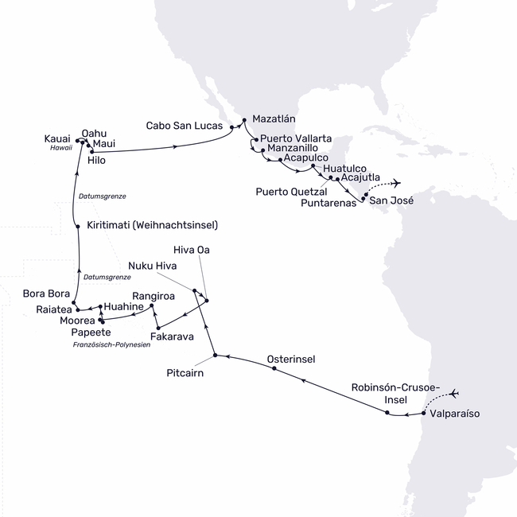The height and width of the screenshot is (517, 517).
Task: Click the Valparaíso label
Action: (455, 414)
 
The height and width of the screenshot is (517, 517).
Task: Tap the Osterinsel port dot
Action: (274, 370)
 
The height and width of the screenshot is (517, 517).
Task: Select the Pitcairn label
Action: (189, 371)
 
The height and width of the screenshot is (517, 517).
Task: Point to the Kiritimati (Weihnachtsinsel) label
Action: (152, 225)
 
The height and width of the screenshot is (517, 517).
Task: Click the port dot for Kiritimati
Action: (77, 227)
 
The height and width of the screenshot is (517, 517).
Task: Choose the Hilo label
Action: (96, 160)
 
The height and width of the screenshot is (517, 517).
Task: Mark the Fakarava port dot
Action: (158, 328)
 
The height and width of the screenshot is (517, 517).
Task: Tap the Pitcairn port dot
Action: (215, 356)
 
